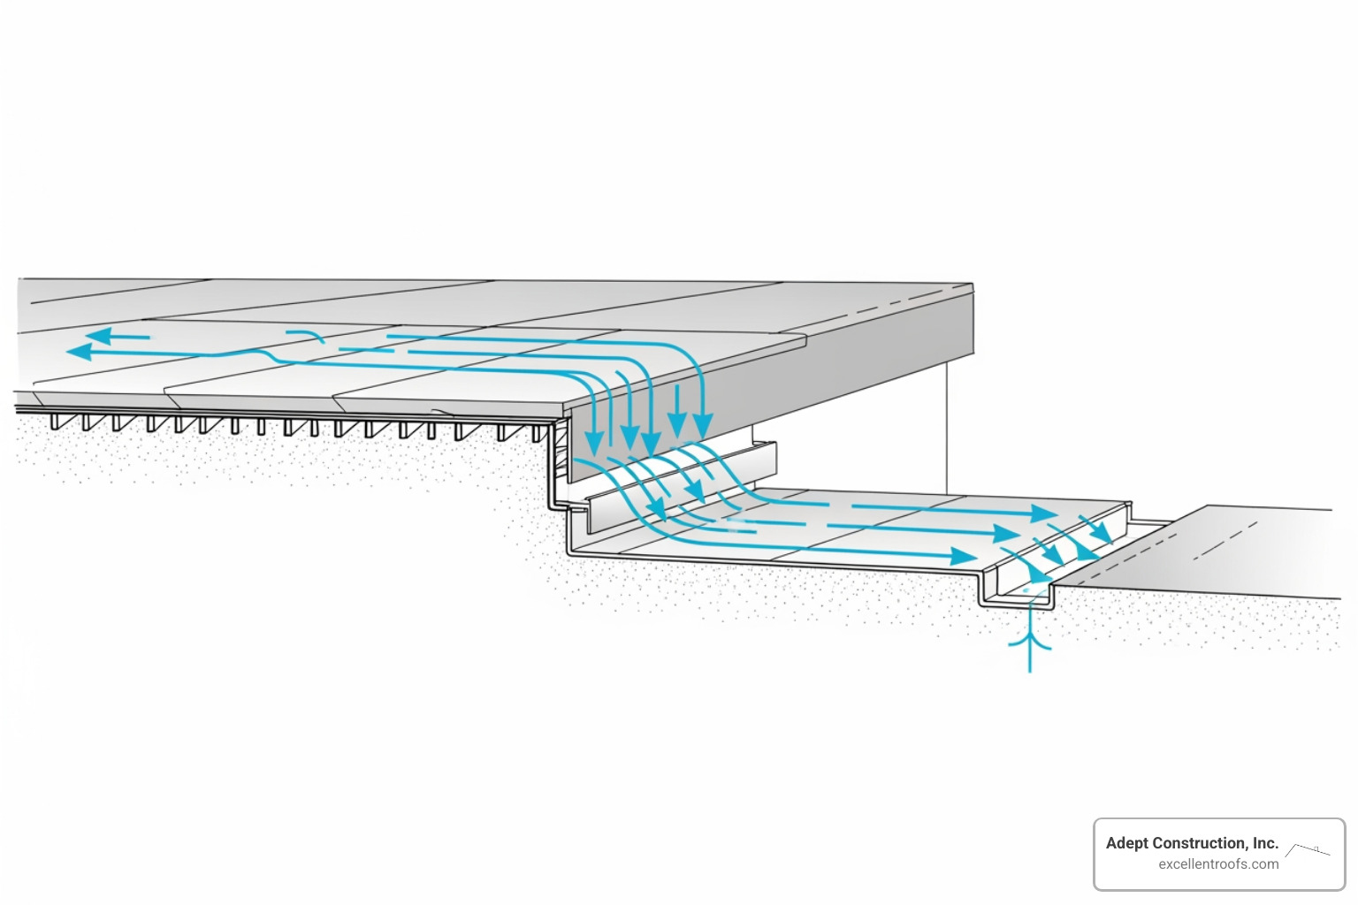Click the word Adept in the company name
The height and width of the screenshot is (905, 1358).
(1127, 843)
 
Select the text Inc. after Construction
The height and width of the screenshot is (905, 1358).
(1264, 843)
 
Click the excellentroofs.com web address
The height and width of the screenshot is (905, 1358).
(1218, 864)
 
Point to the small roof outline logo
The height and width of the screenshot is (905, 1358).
(1308, 851)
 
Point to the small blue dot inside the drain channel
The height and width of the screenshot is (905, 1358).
(1026, 591)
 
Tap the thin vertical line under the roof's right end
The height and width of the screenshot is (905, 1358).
(947, 424)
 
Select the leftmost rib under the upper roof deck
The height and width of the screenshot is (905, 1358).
(56, 422)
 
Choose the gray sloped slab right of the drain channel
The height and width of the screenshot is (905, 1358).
(1220, 552)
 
